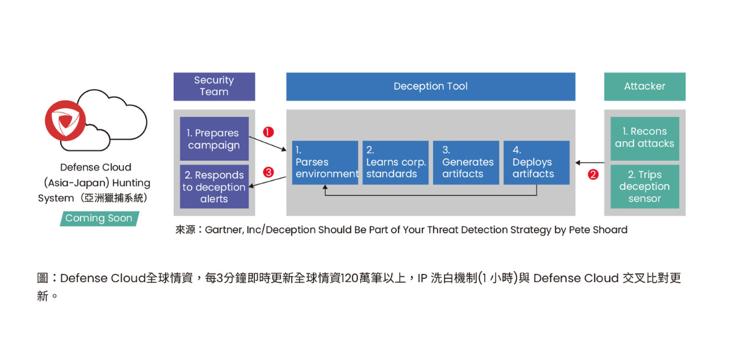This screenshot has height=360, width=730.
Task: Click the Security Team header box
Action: [214, 87]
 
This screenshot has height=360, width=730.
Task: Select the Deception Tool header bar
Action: [431, 87]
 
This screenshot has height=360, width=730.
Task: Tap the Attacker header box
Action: [645, 87]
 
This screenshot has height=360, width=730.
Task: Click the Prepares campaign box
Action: [214, 139]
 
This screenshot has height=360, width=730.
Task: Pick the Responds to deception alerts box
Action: [214, 187]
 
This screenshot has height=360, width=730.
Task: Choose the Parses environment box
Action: [325, 163]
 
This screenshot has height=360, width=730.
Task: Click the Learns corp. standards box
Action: [396, 163]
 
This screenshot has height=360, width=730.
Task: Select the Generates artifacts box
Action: [466, 163]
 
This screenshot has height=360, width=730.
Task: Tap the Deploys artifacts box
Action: [536, 163]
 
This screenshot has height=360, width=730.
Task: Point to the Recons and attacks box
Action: [645, 138]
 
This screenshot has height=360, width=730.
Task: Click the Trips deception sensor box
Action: [645, 187]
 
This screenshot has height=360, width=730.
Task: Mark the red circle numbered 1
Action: [268, 132]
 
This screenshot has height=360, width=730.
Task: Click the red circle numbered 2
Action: [593, 174]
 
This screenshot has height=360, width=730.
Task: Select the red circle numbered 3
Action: [268, 173]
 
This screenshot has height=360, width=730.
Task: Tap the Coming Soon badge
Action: [99, 218]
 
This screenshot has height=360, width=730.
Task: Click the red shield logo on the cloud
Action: [65, 120]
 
